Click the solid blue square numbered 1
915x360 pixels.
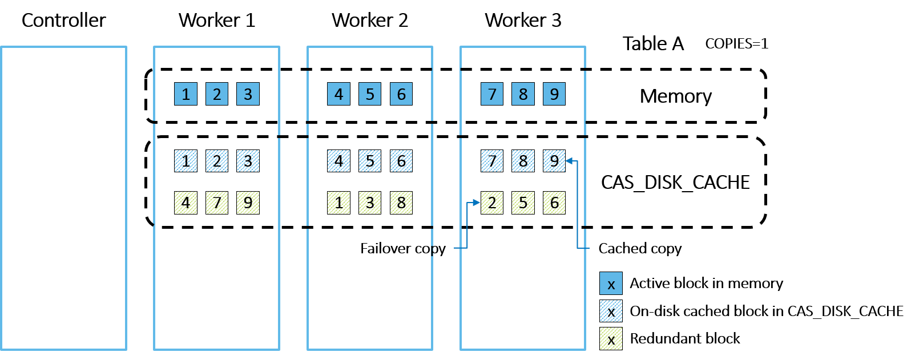[186, 94]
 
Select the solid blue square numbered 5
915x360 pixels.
[370, 94]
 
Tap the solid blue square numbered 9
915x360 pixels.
[554, 94]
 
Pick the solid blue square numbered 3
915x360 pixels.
[248, 94]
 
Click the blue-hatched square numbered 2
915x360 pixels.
[217, 161]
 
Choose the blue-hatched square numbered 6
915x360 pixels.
[401, 161]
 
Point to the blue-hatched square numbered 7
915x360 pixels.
[492, 161]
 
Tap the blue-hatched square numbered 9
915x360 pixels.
[554, 161]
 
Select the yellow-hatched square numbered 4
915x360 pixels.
[186, 203]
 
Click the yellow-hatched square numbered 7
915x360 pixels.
[217, 203]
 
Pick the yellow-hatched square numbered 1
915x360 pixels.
[338, 203]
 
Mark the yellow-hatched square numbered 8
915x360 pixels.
[401, 203]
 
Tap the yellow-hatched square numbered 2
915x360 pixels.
[492, 203]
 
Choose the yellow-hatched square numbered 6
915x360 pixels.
[554, 203]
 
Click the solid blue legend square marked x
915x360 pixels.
[611, 284]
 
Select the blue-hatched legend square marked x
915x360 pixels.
[611, 311]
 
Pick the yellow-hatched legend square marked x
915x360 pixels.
[611, 339]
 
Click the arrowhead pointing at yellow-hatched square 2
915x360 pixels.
[477, 203]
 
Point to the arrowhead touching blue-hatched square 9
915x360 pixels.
[569, 161]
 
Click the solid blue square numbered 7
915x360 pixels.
[492, 94]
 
